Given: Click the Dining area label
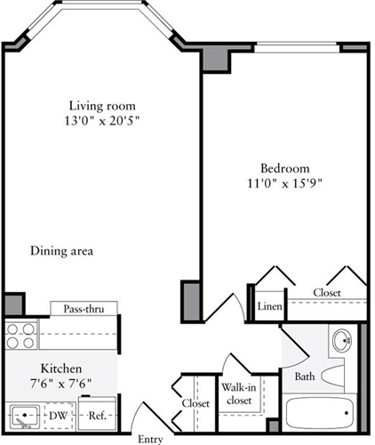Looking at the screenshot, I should (x=61, y=251).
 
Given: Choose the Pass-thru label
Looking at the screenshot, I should (x=84, y=310).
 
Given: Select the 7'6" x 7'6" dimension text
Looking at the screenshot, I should (x=60, y=384).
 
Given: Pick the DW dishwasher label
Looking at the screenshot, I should (x=59, y=415).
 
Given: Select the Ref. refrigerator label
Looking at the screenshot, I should (x=94, y=415).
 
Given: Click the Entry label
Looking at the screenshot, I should (x=150, y=439).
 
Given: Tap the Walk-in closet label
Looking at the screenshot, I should (x=237, y=393).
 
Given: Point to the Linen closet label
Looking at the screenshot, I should (x=270, y=307).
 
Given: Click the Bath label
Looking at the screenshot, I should (x=304, y=376).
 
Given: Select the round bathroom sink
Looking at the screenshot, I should (x=341, y=340).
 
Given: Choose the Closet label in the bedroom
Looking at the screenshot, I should (x=327, y=292).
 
